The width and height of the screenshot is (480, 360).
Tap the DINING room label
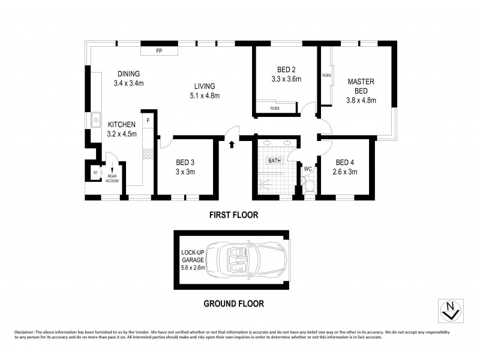pos(128,74)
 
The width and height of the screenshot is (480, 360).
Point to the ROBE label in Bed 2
pos(274,109)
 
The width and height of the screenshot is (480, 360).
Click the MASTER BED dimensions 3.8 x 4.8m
pos(361,100)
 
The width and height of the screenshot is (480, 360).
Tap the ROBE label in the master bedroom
pos(326,76)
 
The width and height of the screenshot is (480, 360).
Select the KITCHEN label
pos(122,124)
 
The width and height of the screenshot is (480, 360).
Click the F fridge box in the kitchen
pos(148,121)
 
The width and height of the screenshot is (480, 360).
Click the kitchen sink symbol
pos(95,120)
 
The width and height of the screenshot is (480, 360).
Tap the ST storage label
pos(95,173)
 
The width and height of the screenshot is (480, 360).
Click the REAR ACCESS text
pos(112,178)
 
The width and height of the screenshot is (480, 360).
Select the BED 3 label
pos(185,162)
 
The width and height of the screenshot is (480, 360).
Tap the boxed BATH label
pos(274,161)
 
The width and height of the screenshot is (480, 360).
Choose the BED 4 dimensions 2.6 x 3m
pos(346,172)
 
